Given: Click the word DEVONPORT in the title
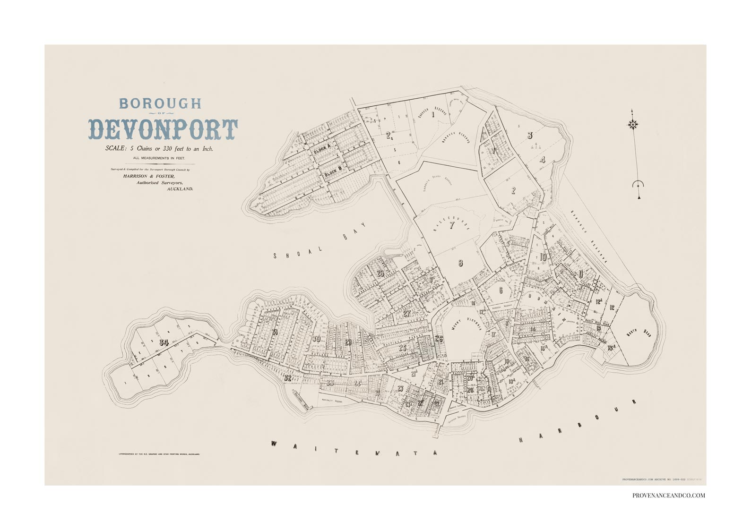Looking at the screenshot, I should tap(164, 129).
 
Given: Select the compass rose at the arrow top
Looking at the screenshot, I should tap(633, 124).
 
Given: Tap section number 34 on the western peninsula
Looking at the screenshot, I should tap(164, 342).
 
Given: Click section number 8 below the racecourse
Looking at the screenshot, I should tap(460, 263).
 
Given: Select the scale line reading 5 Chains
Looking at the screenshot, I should tap(160, 148).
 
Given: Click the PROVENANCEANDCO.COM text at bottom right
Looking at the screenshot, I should tap(669, 496).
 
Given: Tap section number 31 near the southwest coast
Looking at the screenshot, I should tap(275, 332).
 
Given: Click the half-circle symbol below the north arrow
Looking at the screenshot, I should tap(638, 185).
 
